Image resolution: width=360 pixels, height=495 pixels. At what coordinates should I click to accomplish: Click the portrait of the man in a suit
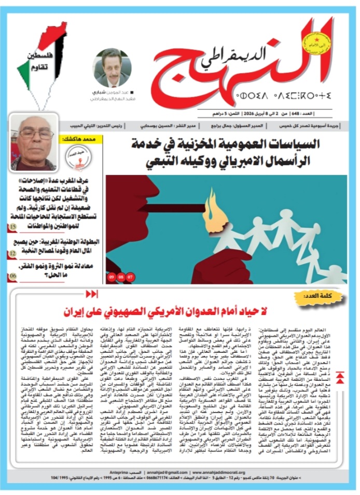[112, 67]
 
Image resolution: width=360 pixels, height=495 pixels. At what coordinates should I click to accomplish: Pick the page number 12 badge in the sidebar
[12, 254]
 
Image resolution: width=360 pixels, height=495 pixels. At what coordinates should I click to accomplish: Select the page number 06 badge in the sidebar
[12, 277]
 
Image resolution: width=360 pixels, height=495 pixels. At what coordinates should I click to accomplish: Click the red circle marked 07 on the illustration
[130, 277]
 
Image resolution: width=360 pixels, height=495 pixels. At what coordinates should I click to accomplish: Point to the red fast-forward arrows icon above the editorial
[91, 295]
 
